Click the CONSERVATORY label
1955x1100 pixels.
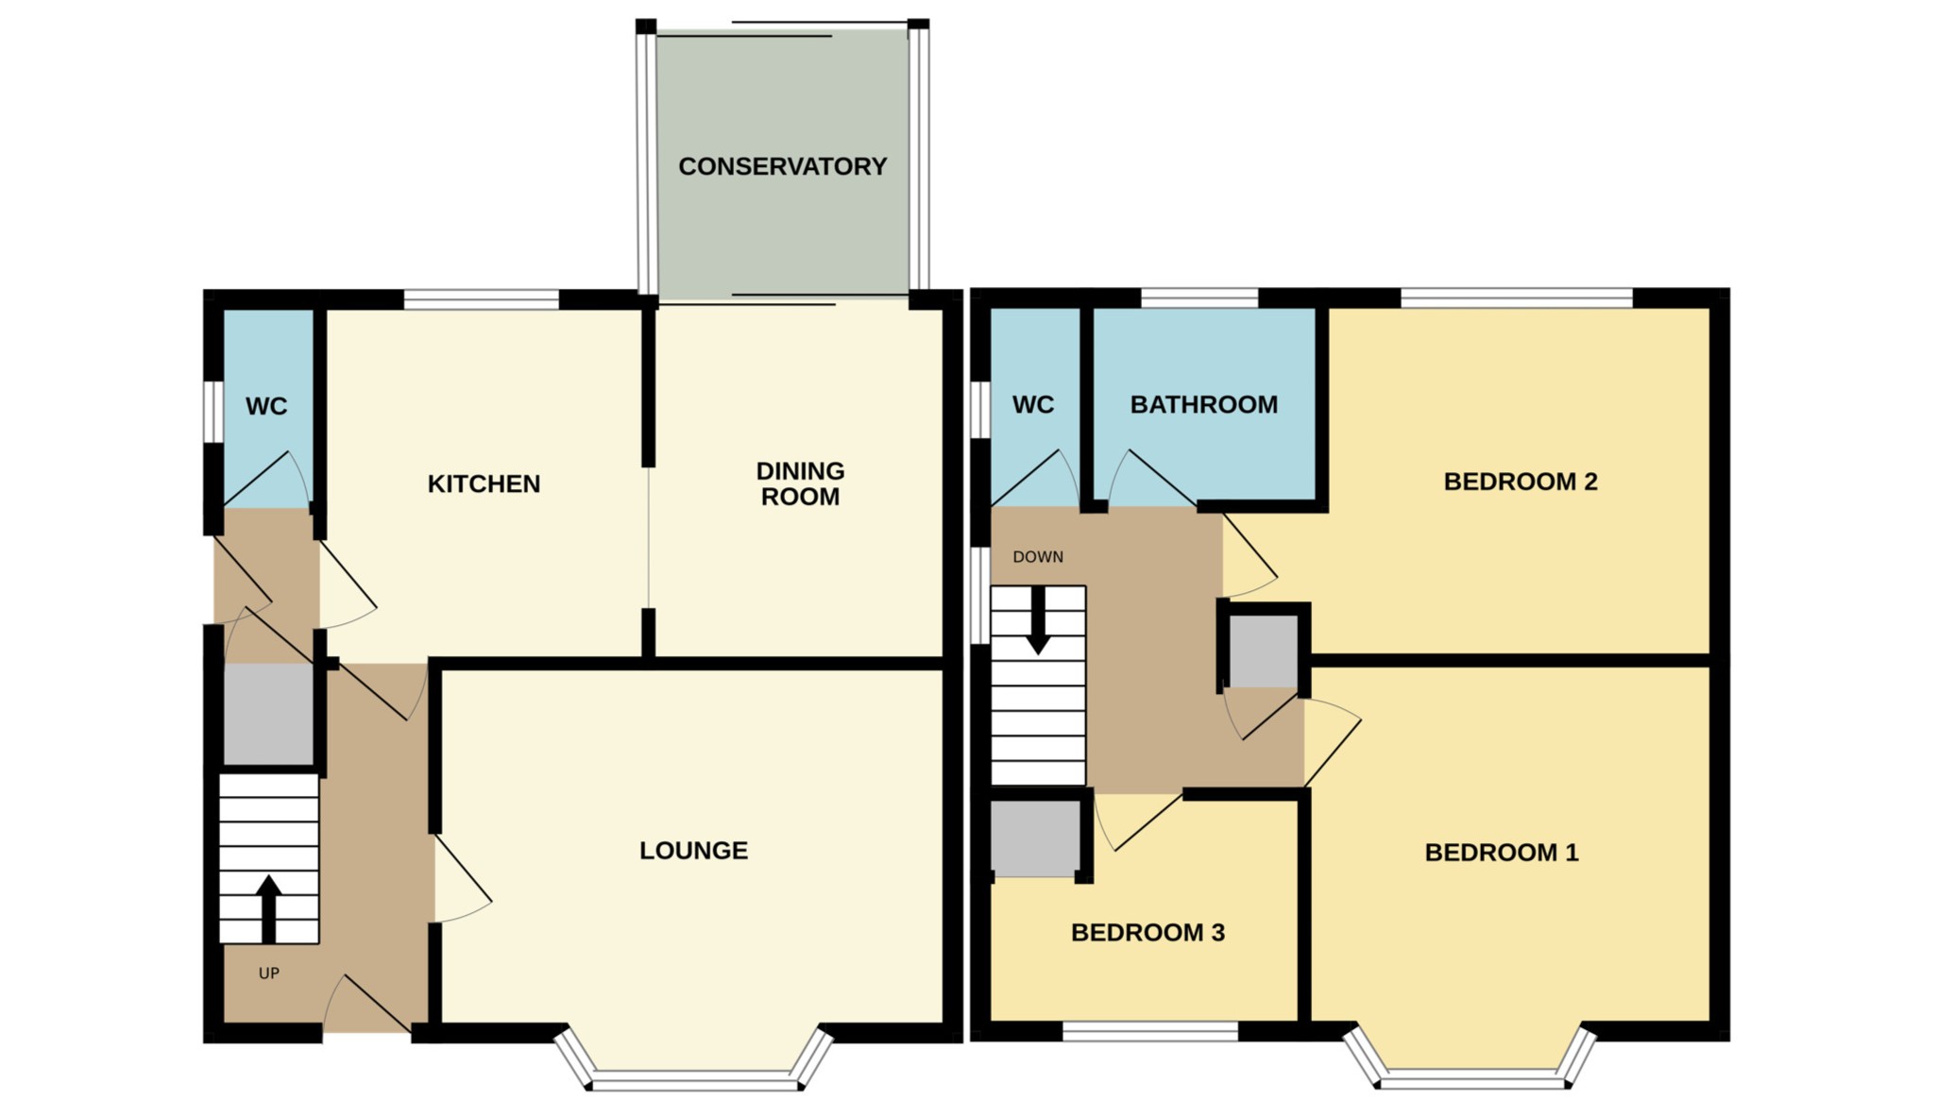[782, 166]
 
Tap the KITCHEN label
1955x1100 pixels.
[484, 483]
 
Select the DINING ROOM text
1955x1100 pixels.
[800, 483]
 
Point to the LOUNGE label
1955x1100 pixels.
[693, 850]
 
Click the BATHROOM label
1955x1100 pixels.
[1203, 404]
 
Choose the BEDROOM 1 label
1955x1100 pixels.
[1501, 852]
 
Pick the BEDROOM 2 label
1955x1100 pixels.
[1520, 481]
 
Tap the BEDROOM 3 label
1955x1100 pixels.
[1147, 932]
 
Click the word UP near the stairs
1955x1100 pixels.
[269, 973]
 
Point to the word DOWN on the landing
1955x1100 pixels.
[1038, 556]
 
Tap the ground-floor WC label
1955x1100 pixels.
[266, 406]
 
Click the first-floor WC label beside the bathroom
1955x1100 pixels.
[1032, 404]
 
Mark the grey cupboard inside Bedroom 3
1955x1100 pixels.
[1034, 838]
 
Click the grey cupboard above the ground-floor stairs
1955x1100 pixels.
[268, 713]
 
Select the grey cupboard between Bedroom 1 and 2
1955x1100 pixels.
[1263, 651]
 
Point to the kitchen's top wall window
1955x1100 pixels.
[481, 300]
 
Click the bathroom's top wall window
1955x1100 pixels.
[1199, 298]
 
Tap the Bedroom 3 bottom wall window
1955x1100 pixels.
[1149, 1032]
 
